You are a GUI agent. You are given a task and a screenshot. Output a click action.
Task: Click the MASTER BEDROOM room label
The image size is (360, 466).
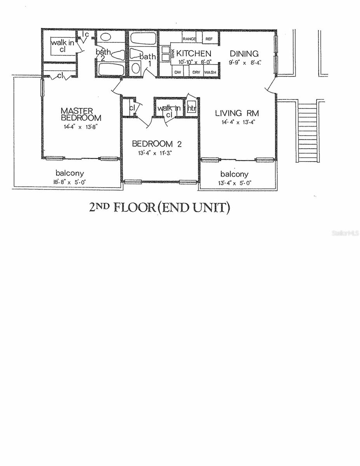coord(81,114)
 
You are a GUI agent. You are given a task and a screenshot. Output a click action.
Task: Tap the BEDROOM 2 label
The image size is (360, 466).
coord(157,144)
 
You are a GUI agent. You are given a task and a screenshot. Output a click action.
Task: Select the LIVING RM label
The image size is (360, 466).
coord(237,113)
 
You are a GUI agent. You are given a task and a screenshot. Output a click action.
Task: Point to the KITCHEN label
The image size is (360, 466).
coord(194,54)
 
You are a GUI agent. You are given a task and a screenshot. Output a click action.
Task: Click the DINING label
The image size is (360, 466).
coord(244,54)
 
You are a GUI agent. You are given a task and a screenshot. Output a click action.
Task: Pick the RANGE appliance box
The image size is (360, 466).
coord(189,39)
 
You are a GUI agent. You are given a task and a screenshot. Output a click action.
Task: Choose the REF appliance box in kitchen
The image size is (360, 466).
coord(209,39)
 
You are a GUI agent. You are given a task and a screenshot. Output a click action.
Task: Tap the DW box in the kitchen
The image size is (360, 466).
coord(177,72)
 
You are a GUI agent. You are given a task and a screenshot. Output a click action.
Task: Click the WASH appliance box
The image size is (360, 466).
coord(210,72)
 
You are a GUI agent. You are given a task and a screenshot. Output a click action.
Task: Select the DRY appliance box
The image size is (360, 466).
coord(196,72)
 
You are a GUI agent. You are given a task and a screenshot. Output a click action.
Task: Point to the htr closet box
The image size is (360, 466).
coord(191,108)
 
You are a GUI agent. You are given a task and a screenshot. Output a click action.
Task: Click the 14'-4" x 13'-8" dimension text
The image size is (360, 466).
coord(81,126)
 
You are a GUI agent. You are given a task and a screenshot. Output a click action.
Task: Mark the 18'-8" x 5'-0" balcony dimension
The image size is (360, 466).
coord(70,182)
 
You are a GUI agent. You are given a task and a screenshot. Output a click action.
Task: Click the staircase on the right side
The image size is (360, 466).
coord(308,132)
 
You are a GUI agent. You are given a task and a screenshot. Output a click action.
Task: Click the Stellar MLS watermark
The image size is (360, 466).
coord(345,233)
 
